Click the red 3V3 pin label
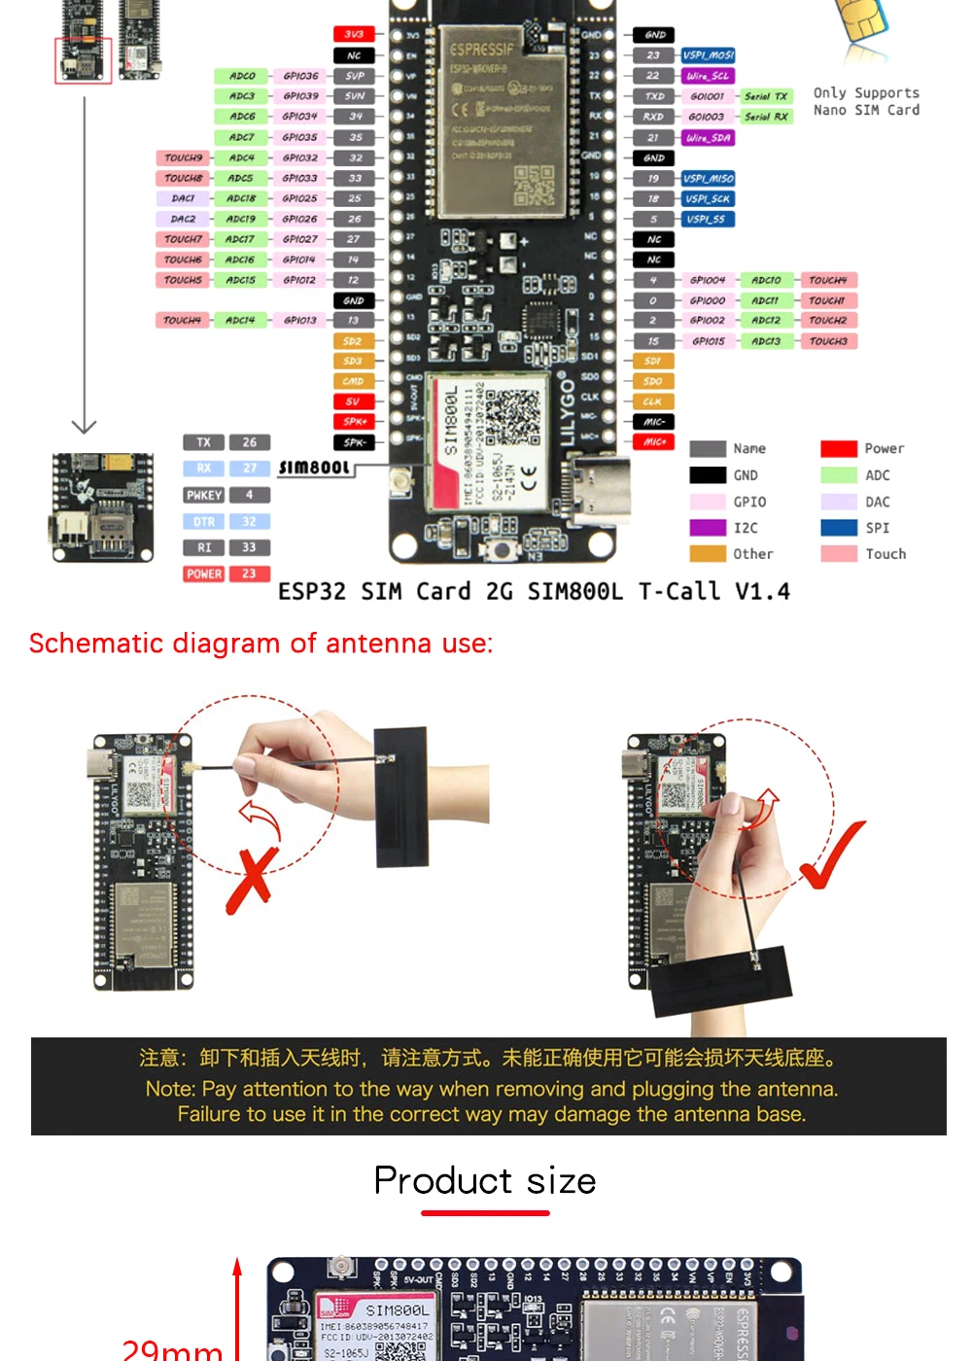pyautogui.click(x=354, y=34)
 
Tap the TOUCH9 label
pyautogui.click(x=183, y=157)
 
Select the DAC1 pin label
pyautogui.click(x=183, y=198)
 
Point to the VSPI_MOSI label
pyautogui.click(x=708, y=55)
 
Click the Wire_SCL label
pyautogui.click(x=708, y=76)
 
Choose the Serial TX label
pyautogui.click(x=766, y=96)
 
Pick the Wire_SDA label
pyautogui.click(x=708, y=138)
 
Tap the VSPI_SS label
pyautogui.click(x=707, y=220)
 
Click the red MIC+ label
pyautogui.click(x=653, y=442)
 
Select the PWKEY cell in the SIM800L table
pyautogui.click(x=204, y=495)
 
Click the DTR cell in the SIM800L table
pyautogui.click(x=204, y=522)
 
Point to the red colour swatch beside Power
pyautogui.click(x=838, y=449)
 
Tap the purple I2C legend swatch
pyautogui.click(x=708, y=528)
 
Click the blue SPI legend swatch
pyautogui.click(x=838, y=528)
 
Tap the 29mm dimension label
pyautogui.click(x=172, y=1349)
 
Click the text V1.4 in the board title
pyautogui.click(x=762, y=592)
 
